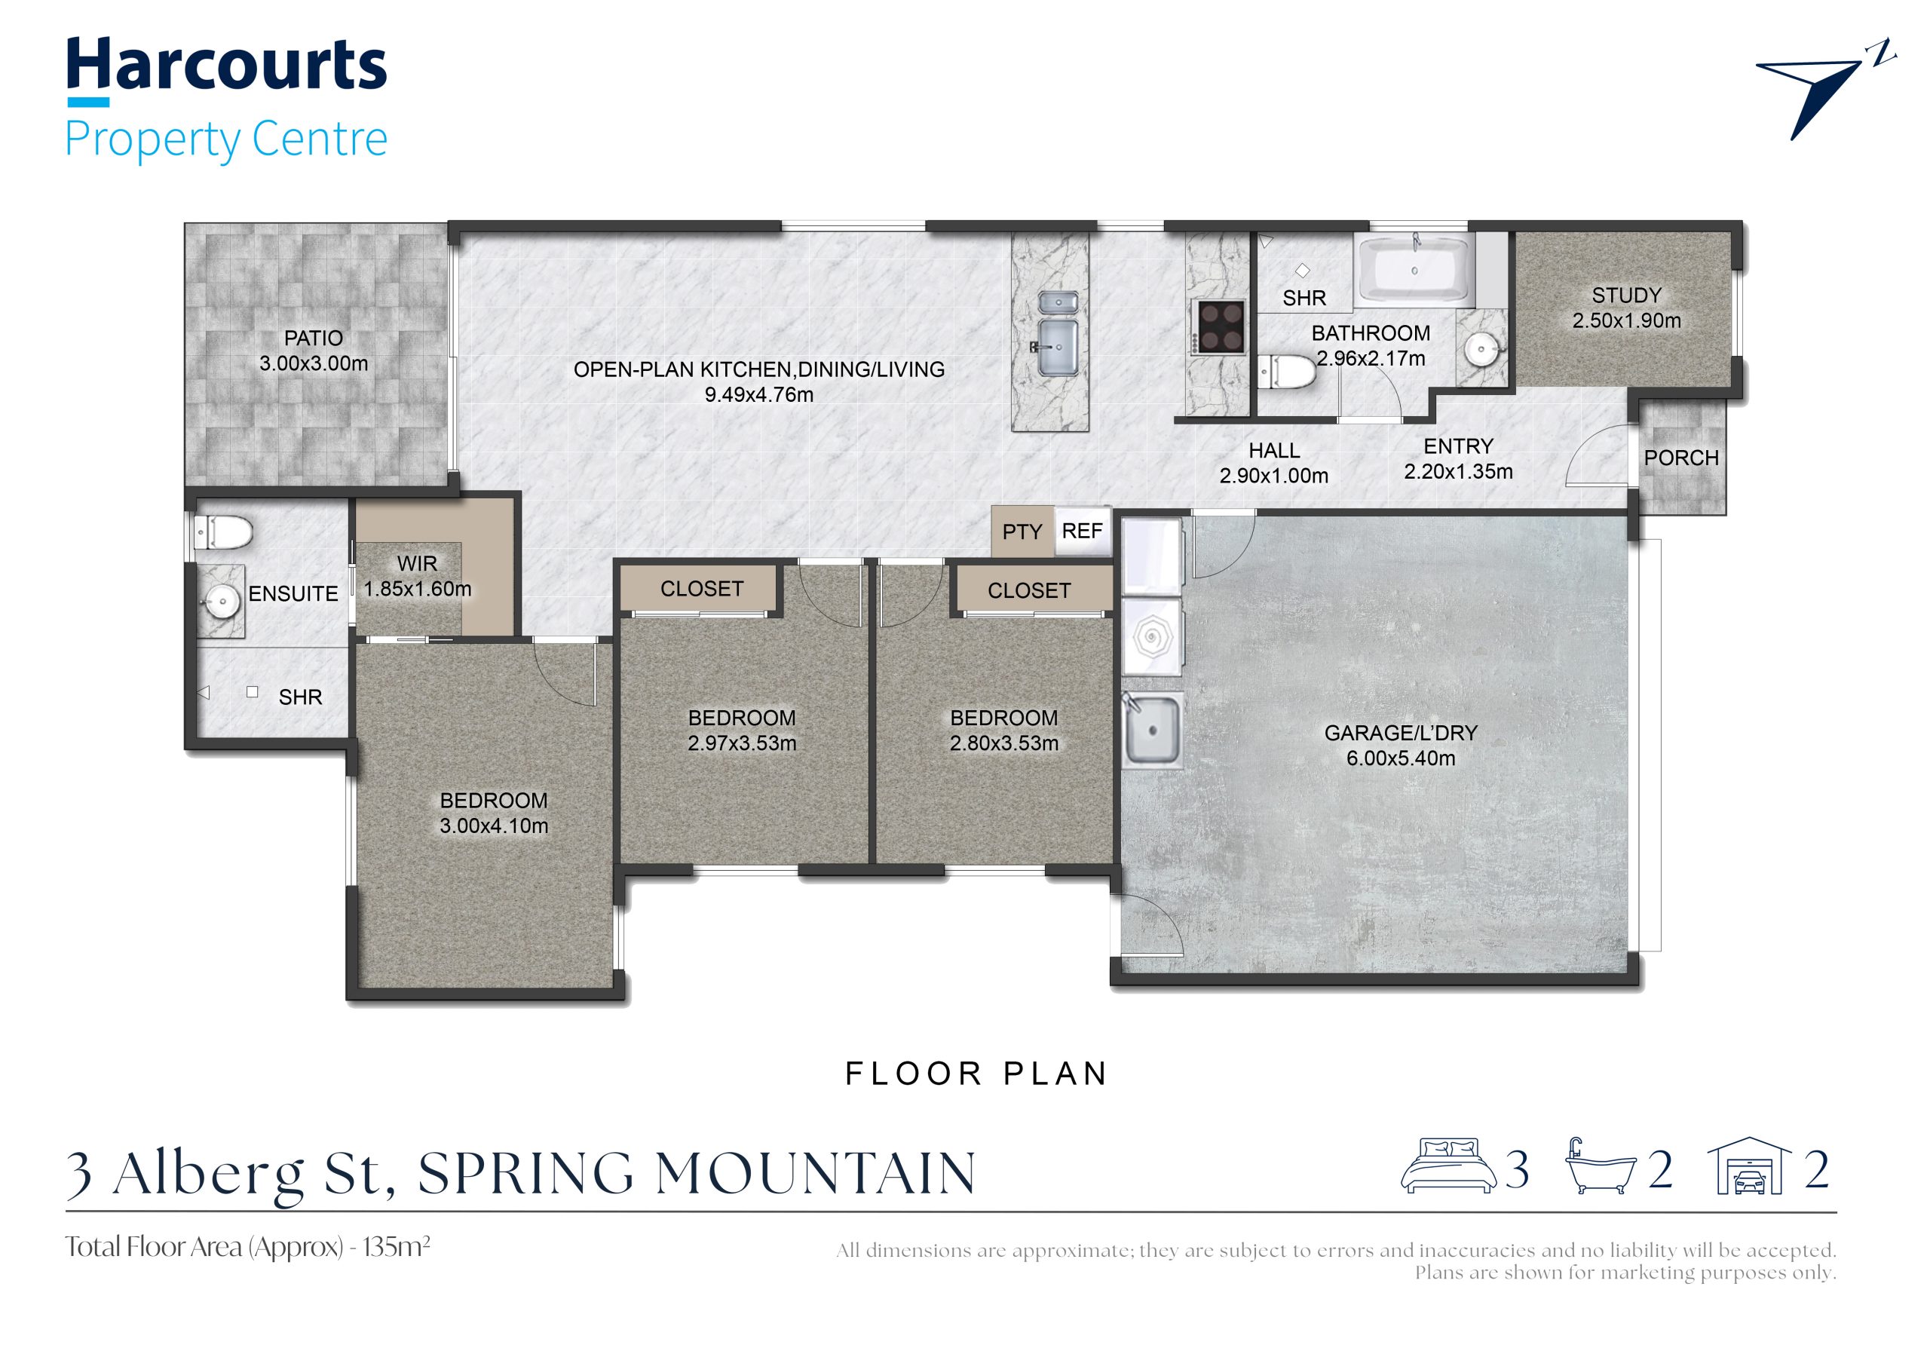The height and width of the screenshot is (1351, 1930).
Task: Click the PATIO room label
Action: tap(314, 338)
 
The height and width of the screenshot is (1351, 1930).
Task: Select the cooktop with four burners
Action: tap(1221, 326)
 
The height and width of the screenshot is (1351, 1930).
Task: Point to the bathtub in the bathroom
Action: tap(1416, 268)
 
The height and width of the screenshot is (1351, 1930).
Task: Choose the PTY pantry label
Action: tap(1022, 532)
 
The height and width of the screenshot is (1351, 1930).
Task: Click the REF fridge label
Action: tap(1082, 531)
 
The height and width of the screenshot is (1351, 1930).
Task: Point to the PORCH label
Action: tap(1681, 458)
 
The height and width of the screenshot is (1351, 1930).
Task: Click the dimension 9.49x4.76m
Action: tap(759, 394)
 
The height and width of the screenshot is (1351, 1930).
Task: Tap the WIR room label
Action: tap(417, 563)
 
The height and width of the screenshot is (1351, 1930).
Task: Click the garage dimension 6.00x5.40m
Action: tap(1401, 758)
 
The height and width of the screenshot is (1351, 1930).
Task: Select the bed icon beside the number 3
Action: tap(1448, 1166)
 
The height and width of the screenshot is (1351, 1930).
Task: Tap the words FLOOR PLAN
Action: tap(977, 1074)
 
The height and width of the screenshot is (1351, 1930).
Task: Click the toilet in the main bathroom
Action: tap(1286, 371)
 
